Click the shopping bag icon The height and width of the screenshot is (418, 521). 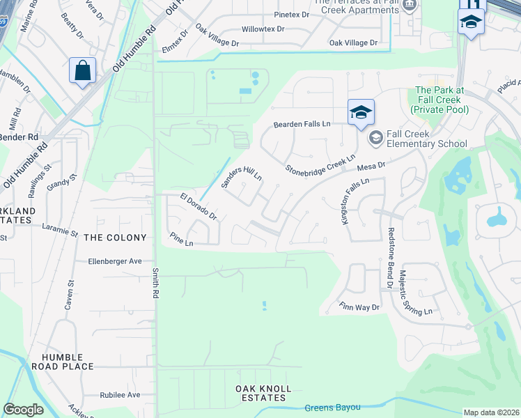82,71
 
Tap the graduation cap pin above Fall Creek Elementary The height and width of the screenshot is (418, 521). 361,113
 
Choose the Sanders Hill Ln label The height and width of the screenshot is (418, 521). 241,178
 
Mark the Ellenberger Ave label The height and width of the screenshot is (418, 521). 115,261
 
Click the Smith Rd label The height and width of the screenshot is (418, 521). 157,284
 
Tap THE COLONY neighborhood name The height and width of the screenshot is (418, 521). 115,238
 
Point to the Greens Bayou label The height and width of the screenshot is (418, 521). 332,408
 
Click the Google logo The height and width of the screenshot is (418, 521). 23,410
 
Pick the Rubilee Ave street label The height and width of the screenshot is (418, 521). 119,395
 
